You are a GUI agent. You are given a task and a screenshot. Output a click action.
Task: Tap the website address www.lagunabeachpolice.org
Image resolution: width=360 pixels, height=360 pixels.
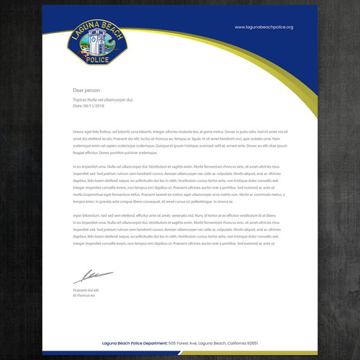(264, 27)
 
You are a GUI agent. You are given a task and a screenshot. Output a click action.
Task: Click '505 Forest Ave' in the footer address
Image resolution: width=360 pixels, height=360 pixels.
(183, 343)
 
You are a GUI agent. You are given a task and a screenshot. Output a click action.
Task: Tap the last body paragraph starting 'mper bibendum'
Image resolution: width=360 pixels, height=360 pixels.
(180, 234)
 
